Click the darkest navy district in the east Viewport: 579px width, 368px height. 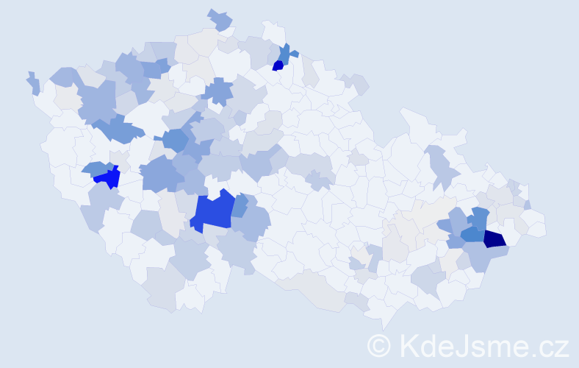coord(495,238)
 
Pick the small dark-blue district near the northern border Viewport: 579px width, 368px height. coord(278,66)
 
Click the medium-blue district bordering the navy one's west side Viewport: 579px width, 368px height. coord(472,235)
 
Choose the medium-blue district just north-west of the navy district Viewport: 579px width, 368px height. coord(479,219)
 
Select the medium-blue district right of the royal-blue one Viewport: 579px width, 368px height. coord(240,205)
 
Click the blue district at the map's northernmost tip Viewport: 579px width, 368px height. coord(220,20)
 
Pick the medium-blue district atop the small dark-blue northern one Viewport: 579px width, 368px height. coord(284,53)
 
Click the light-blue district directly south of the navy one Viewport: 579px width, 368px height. coord(486,255)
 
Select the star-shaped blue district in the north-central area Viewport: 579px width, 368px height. coord(218,91)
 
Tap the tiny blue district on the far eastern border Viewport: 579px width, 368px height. coord(528,205)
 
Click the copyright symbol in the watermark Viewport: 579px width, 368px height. coord(379,345)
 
